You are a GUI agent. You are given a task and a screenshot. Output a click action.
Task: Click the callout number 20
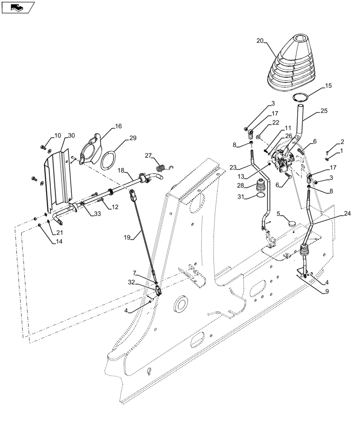pos(260,41)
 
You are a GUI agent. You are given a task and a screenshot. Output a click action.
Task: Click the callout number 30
pos(72,135)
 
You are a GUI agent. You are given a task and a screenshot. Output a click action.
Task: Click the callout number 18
pos(121,171)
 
